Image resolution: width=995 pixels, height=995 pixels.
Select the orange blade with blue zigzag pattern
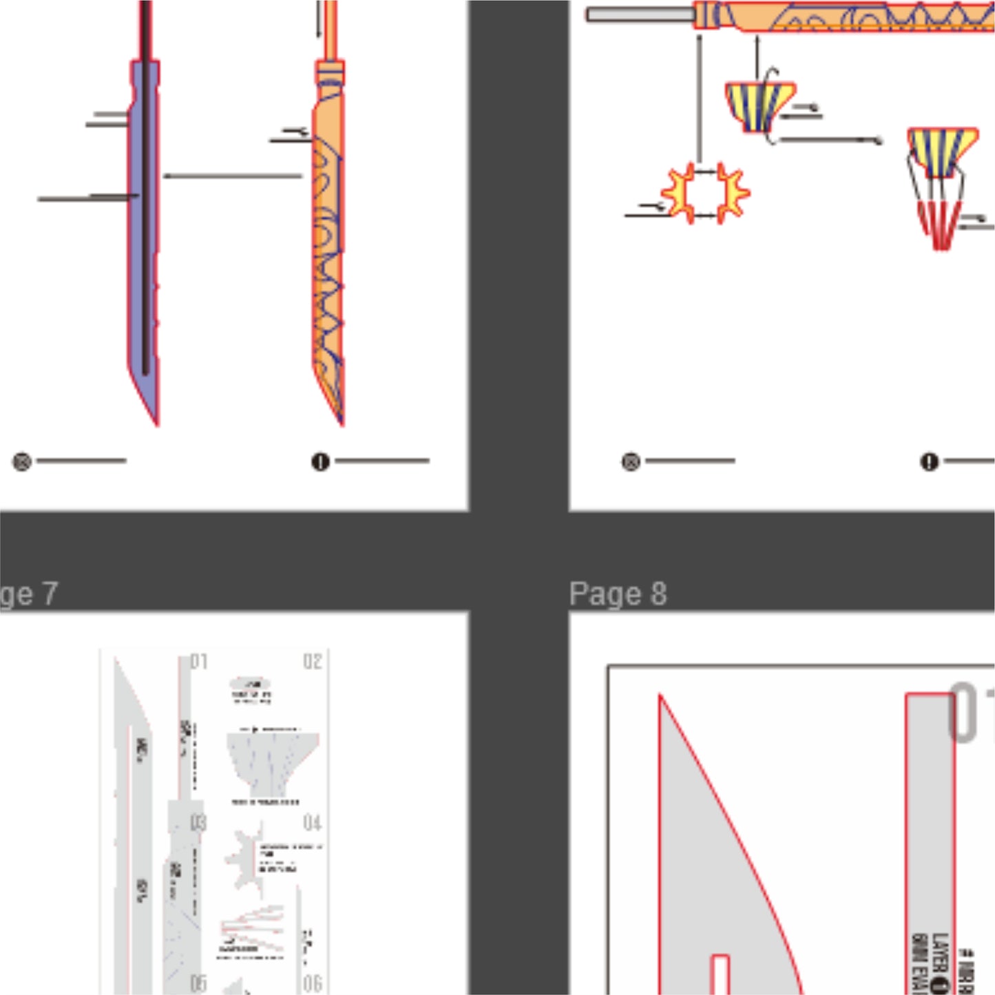tap(328, 262)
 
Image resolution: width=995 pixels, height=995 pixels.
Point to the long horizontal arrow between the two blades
tap(232, 176)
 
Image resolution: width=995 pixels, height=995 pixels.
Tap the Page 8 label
tap(618, 594)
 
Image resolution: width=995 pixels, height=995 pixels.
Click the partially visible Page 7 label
tap(28, 594)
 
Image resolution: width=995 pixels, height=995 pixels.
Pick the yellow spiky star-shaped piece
tap(704, 193)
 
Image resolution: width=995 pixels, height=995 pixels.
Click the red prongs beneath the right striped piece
tap(940, 224)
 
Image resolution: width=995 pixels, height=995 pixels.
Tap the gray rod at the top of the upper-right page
tap(640, 14)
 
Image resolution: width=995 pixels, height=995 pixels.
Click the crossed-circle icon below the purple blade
tap(22, 461)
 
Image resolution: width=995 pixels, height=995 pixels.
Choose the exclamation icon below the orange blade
tap(320, 461)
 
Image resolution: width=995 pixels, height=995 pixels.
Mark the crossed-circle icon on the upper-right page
tap(631, 461)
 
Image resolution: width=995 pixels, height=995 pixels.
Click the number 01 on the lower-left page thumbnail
tap(199, 662)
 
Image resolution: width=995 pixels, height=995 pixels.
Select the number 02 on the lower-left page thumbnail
tap(313, 662)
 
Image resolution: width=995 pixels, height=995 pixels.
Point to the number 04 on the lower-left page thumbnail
tap(313, 823)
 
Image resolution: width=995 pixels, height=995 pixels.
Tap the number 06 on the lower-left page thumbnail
tap(313, 983)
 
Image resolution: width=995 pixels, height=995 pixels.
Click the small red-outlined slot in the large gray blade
tap(720, 974)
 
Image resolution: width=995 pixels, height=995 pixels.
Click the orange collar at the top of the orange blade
tap(330, 72)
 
